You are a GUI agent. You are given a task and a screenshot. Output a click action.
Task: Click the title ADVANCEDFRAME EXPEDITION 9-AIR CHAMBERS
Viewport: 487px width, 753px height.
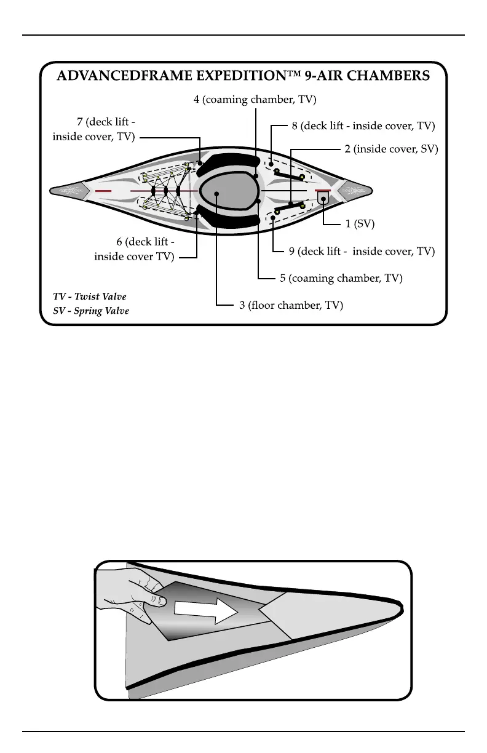(243, 76)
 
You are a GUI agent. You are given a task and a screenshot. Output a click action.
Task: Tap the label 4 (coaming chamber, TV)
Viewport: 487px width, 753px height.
(255, 99)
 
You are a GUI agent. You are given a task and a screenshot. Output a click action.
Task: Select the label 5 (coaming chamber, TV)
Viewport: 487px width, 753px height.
(341, 279)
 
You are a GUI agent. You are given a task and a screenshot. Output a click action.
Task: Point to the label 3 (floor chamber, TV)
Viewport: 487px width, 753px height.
(291, 305)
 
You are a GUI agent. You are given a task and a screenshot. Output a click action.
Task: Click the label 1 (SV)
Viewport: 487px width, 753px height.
(360, 224)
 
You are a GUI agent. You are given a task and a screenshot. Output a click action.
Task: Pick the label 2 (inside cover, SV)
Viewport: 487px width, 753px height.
(391, 149)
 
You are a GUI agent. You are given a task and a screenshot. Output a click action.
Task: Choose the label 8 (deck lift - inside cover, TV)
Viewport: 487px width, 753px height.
(363, 126)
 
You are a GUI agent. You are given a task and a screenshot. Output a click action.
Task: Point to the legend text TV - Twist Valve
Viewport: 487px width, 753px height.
(90, 297)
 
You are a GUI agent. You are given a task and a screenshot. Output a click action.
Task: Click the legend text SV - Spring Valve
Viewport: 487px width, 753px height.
(91, 311)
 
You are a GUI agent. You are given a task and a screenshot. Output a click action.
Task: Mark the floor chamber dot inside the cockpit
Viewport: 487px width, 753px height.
(217, 193)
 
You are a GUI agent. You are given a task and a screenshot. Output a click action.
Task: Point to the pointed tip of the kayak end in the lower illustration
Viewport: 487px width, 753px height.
(403, 609)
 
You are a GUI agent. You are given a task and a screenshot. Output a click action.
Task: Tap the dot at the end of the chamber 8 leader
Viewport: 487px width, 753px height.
(271, 164)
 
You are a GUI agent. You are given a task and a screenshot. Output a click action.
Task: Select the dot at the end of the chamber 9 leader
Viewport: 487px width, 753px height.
(272, 217)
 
